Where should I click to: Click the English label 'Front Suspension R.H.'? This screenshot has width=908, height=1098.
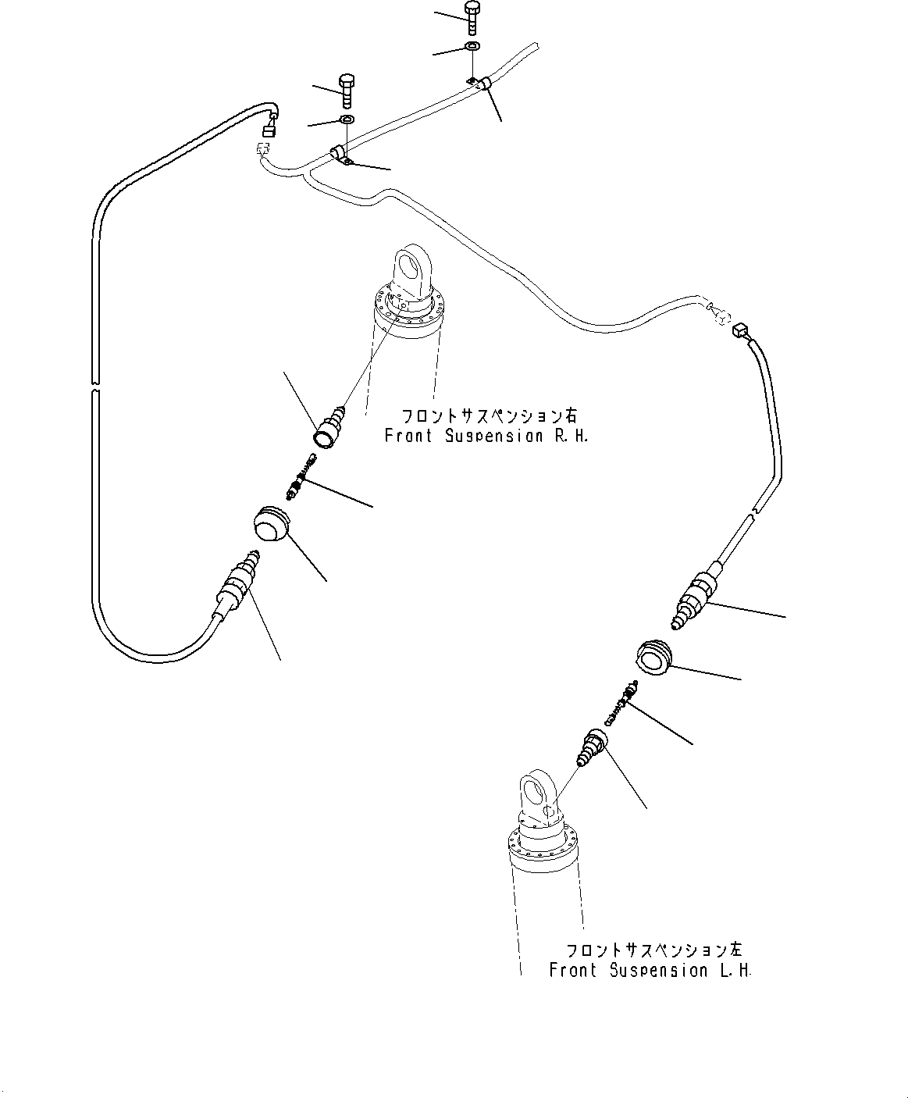[x=486, y=436]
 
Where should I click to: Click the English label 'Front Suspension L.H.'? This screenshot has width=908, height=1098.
[x=650, y=970]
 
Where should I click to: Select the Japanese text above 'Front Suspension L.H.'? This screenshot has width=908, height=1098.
[x=655, y=950]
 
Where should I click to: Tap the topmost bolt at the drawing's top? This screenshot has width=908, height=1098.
[x=472, y=18]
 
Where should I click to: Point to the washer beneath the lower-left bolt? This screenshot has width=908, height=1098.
[x=346, y=120]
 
